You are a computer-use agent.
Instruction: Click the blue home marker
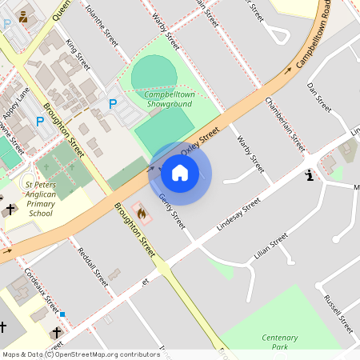coord(180,172)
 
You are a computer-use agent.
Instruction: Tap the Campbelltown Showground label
coord(168,98)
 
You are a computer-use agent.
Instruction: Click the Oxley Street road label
coord(200,141)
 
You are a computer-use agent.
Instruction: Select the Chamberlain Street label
coord(285,123)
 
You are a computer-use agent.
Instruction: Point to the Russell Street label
coord(338,314)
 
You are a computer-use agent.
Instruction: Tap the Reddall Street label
coord(93,266)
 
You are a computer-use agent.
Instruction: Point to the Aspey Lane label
coord(15,104)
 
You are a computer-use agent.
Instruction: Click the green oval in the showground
coord(154,74)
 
